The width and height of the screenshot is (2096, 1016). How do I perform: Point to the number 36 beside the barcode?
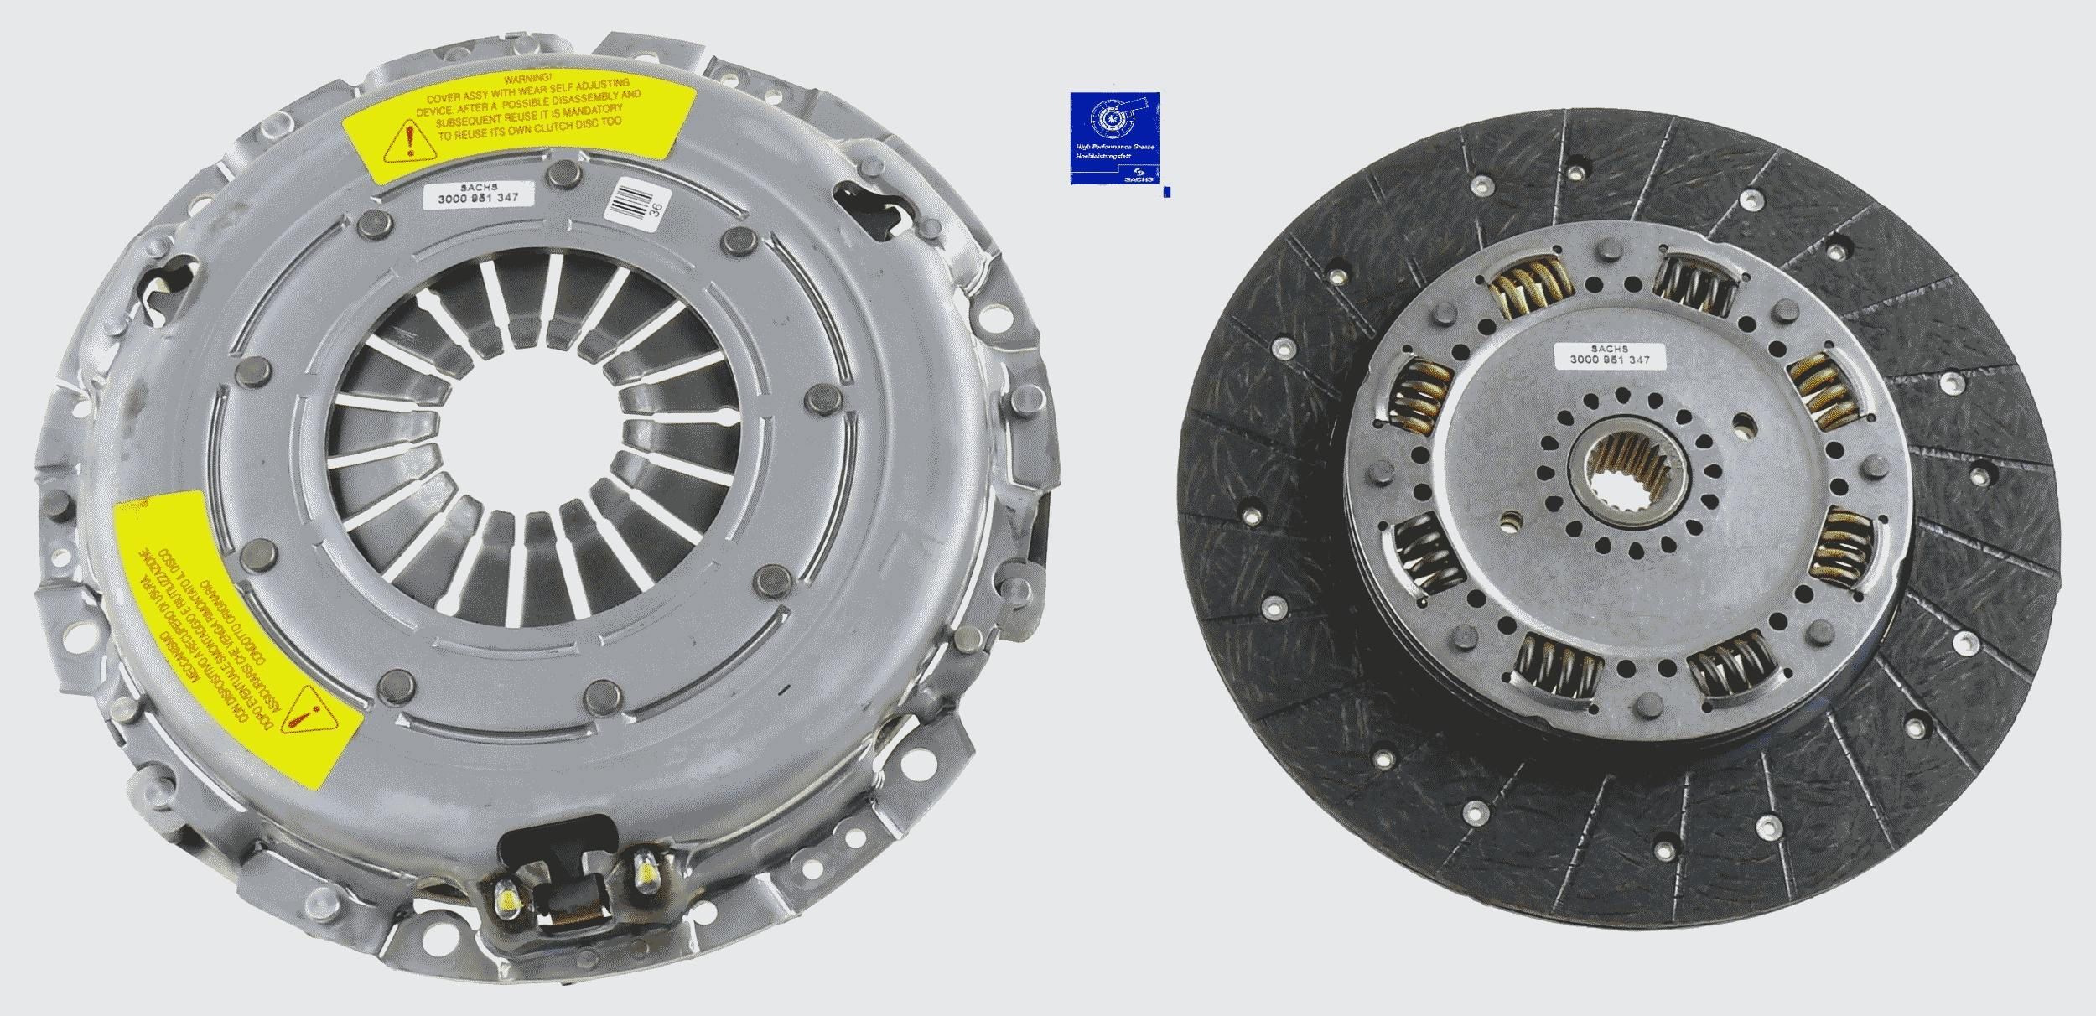pos(657,210)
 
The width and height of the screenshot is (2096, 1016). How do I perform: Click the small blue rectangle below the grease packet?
pos(1168,192)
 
